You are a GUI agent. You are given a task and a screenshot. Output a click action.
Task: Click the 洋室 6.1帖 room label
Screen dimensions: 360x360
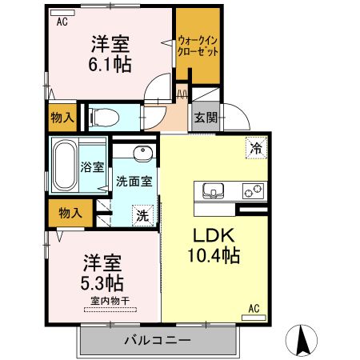pyautogui.click(x=110, y=53)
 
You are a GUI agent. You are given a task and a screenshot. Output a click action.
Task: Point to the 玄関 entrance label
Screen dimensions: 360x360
pyautogui.click(x=203, y=118)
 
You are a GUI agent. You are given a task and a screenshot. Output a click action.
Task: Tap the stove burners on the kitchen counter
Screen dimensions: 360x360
pyautogui.click(x=253, y=192)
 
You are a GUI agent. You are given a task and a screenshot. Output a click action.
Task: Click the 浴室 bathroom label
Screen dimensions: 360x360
pyautogui.click(x=92, y=167)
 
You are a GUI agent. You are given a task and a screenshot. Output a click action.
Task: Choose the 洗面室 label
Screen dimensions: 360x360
pyautogui.click(x=134, y=182)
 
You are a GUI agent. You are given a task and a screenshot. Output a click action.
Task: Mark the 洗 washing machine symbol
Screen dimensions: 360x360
pyautogui.click(x=142, y=214)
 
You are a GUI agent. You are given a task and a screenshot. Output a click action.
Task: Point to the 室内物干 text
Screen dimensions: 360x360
pyautogui.click(x=106, y=301)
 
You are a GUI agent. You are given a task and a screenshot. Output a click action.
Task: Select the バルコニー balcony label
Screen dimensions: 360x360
pyautogui.click(x=157, y=340)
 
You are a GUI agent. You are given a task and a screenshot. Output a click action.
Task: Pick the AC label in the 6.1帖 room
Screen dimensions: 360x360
pyautogui.click(x=62, y=22)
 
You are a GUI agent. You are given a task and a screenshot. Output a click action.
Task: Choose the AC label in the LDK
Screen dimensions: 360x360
pyautogui.click(x=254, y=308)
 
